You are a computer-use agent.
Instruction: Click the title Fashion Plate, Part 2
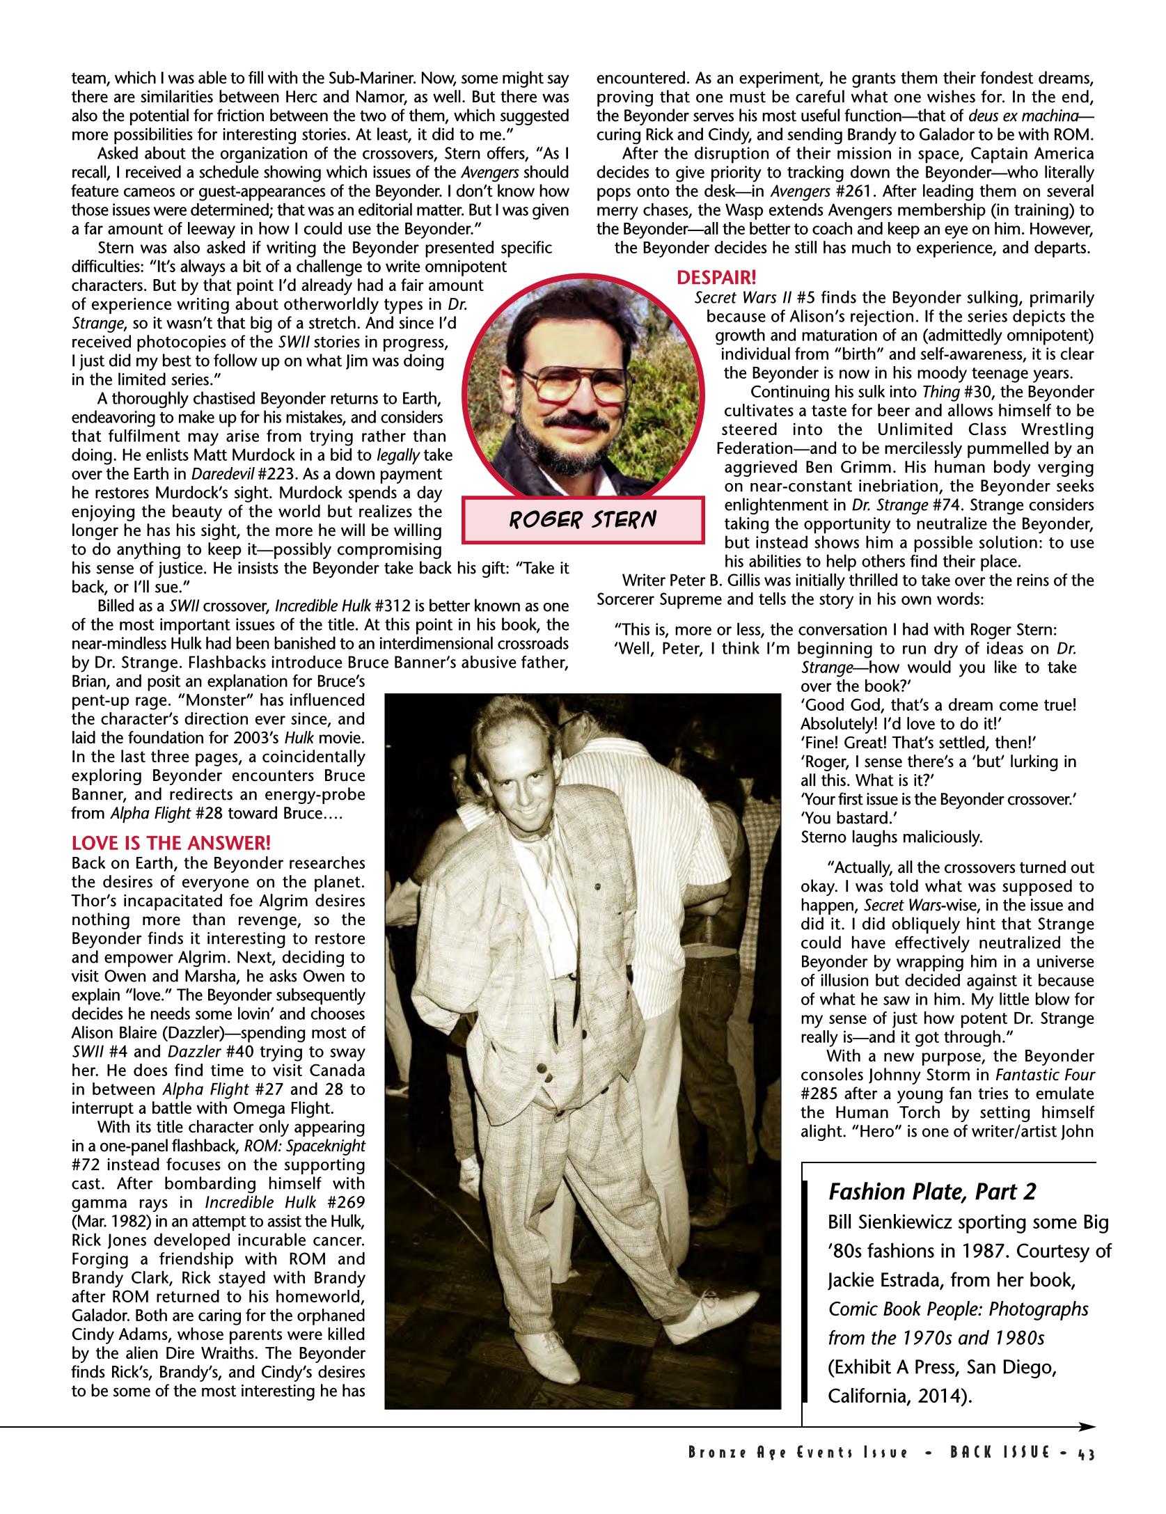pos(932,1192)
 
